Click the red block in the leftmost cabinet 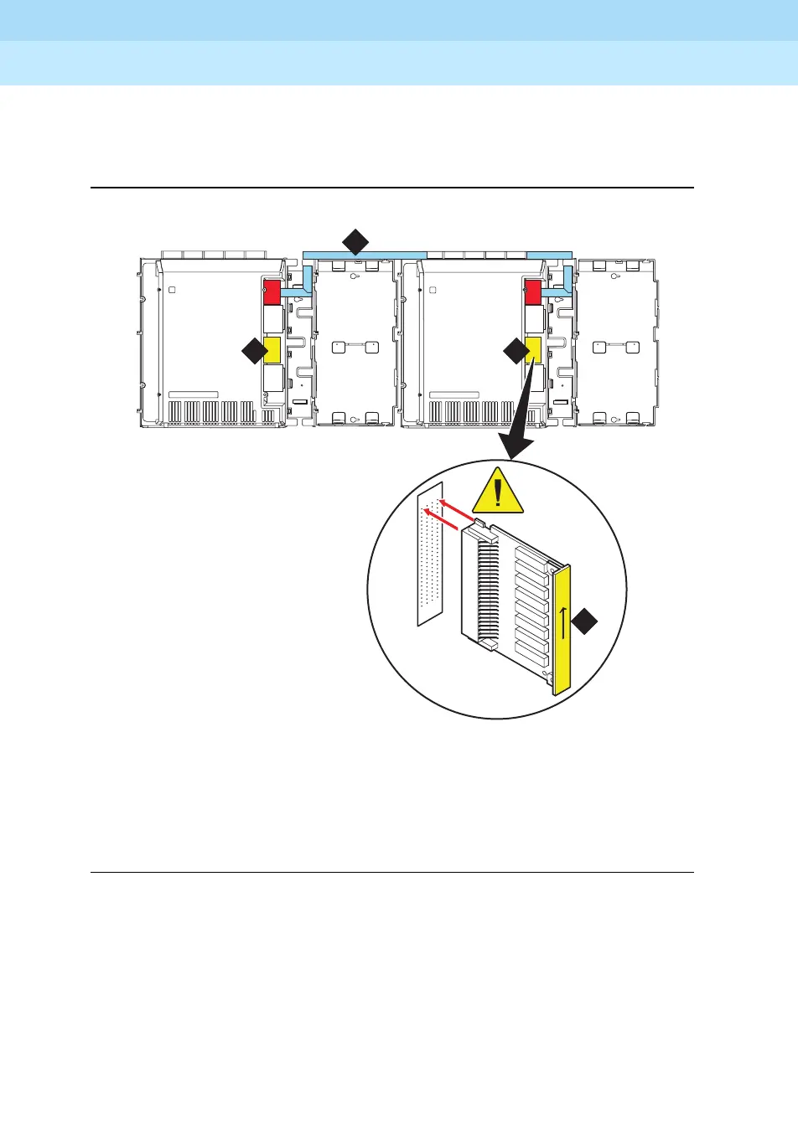click(272, 292)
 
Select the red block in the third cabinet click(532, 292)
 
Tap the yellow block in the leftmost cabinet click(272, 350)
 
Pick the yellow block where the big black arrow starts click(532, 350)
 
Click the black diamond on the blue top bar click(355, 242)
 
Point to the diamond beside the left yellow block click(253, 351)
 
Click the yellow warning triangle click(498, 492)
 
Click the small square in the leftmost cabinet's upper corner click(172, 291)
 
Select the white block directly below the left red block click(272, 319)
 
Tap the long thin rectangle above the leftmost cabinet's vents click(193, 394)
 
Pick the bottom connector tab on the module click(490, 646)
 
